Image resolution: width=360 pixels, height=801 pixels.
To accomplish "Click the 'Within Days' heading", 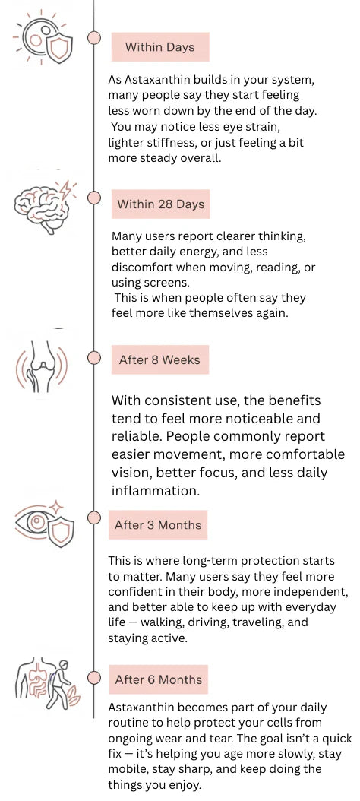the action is click(x=159, y=47).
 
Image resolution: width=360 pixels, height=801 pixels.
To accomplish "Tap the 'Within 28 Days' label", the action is click(x=160, y=204).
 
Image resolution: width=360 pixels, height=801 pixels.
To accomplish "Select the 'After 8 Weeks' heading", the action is click(x=159, y=359).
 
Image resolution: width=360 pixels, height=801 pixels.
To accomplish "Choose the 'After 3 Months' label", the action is click(x=158, y=524).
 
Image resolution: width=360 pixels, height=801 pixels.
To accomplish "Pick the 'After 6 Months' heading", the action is click(x=158, y=679).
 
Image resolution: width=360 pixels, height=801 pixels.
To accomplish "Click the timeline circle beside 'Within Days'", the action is click(x=94, y=38).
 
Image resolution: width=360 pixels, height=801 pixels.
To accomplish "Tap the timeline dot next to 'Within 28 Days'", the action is click(x=94, y=197).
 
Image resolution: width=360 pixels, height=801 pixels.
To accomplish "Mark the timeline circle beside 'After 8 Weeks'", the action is click(x=94, y=358).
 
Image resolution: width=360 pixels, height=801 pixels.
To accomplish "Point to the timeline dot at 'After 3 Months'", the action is click(x=94, y=517).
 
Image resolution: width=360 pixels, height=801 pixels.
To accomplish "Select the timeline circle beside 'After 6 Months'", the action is click(x=94, y=677).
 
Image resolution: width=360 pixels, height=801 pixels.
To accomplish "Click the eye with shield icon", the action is click(x=44, y=524).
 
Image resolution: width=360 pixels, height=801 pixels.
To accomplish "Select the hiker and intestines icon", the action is click(x=47, y=683).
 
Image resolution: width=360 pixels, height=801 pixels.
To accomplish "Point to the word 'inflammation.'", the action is click(x=148, y=490).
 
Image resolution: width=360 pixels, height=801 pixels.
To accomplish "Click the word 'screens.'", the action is click(x=131, y=283).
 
